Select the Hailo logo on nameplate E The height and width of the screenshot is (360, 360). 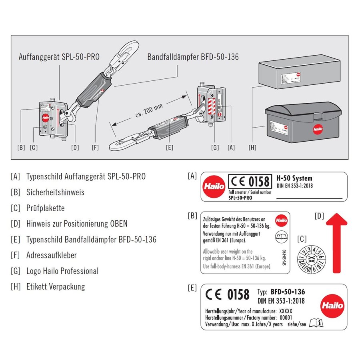click(x=332, y=306)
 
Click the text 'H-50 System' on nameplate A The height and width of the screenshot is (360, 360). click(x=294, y=178)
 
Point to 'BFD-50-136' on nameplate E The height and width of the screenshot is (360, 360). click(x=288, y=292)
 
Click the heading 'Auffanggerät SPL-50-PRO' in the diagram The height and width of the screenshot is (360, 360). click(x=59, y=57)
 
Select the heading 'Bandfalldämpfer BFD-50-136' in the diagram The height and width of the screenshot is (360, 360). click(x=193, y=57)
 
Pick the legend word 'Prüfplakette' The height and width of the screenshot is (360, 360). click(x=45, y=208)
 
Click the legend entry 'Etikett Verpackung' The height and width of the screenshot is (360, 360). click(x=55, y=286)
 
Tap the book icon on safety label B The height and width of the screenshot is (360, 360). click(x=281, y=237)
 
